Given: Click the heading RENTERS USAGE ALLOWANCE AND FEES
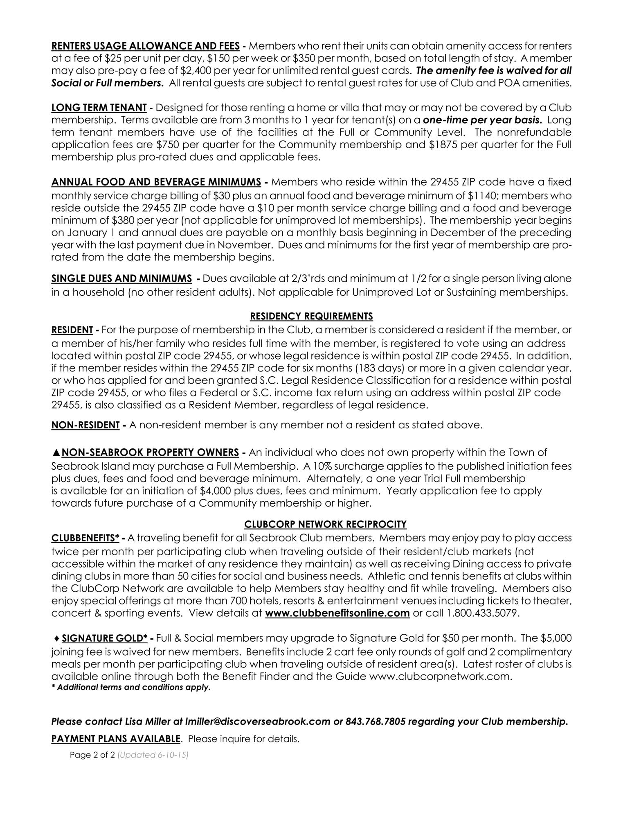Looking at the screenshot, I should tap(145, 45).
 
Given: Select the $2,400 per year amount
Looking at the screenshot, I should tap(160, 70).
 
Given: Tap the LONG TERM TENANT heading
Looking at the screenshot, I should tap(99, 108).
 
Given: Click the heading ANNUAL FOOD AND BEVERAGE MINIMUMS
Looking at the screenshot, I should tap(156, 182).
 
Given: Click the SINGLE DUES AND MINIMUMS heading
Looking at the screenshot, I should tap(121, 279).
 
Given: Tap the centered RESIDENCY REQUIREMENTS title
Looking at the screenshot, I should tap(311, 316).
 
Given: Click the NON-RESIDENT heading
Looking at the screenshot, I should tap(85, 425).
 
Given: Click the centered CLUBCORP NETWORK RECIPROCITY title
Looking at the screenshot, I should tap(325, 524).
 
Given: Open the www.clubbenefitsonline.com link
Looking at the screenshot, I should tap(337, 613).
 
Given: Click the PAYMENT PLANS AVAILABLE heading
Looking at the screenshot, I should tap(115, 739).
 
